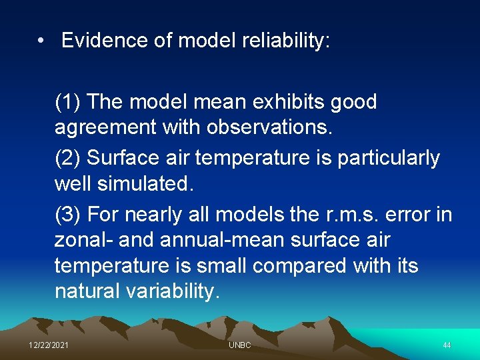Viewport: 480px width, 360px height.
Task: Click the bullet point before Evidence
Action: (42, 41)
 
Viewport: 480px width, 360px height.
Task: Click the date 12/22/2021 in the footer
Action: (48, 345)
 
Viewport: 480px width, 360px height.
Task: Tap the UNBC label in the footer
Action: (239, 345)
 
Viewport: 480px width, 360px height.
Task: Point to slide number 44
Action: (447, 345)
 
